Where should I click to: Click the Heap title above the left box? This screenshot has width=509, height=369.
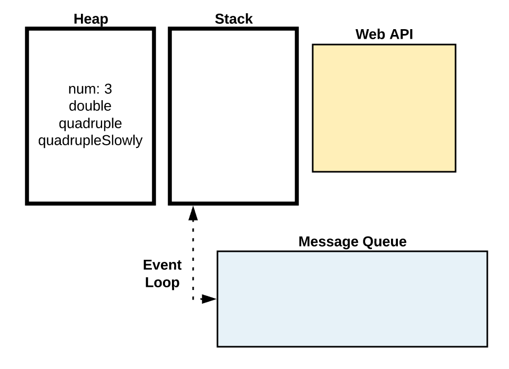[x=90, y=20]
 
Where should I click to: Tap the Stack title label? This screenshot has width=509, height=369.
[x=233, y=20]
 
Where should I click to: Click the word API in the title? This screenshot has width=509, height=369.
[x=400, y=35]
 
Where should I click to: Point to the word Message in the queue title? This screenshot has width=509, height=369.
[x=328, y=242]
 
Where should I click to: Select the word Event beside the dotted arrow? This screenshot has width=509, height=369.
[x=162, y=265]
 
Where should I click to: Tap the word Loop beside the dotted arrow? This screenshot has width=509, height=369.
[x=162, y=283]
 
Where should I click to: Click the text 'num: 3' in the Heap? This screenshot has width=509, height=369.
[x=90, y=89]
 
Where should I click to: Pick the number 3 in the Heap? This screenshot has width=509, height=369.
[x=108, y=89]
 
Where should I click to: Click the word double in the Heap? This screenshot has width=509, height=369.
[x=90, y=106]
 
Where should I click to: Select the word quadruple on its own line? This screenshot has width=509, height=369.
[x=90, y=124]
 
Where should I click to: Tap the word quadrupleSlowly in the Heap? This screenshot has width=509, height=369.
[x=90, y=142]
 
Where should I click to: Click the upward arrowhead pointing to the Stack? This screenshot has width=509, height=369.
[x=193, y=213]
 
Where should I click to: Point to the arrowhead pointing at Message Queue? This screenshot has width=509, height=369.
[x=209, y=300]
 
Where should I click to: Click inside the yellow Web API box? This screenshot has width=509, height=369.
[x=384, y=108]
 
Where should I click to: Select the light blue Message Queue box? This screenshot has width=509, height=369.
[x=352, y=299]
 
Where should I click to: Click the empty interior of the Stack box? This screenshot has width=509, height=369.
[x=233, y=117]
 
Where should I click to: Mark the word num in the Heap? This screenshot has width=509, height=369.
[x=81, y=89]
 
